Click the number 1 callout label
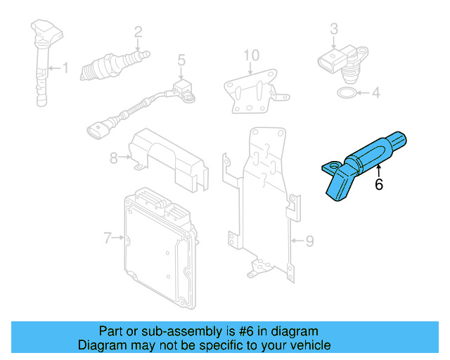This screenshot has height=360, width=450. click(66, 68)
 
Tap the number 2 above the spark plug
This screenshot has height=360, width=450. click(139, 31)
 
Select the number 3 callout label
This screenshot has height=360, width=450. click(334, 29)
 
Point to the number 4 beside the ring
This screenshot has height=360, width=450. click(375, 92)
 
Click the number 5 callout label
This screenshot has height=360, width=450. click(181, 60)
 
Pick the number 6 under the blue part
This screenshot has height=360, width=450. click(379, 185)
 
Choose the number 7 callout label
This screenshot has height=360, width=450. click(108, 238)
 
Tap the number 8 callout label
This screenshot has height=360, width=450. click(113, 158)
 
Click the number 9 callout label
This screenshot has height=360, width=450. click(309, 242)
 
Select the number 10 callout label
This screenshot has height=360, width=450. click(251, 55)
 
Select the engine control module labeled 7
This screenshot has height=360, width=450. click(158, 243)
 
